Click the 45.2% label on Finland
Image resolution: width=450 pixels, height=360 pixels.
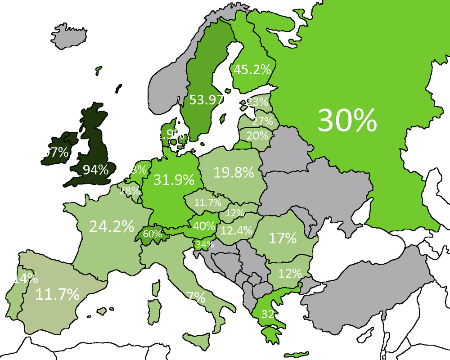pyautogui.click(x=252, y=70)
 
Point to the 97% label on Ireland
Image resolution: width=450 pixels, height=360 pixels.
pyautogui.click(x=55, y=152)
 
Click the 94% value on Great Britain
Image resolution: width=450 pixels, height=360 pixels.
pyautogui.click(x=95, y=170)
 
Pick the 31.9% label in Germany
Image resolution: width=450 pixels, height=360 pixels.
pyautogui.click(x=174, y=180)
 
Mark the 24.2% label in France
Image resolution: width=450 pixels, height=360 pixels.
pyautogui.click(x=112, y=226)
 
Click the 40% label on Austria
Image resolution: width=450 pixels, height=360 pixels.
pyautogui.click(x=202, y=225)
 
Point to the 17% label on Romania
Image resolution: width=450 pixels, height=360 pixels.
pyautogui.click(x=282, y=238)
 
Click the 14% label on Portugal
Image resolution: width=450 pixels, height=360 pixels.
pyautogui.click(x=24, y=278)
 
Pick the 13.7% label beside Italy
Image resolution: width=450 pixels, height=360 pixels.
pyautogui.click(x=185, y=297)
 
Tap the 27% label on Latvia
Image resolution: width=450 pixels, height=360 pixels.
pyautogui.click(x=262, y=121)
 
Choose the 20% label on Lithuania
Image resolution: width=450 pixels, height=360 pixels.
pyautogui.click(x=257, y=135)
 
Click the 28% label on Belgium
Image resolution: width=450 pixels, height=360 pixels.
pyautogui.click(x=129, y=190)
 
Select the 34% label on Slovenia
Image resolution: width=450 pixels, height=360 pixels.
pyautogui.click(x=204, y=245)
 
